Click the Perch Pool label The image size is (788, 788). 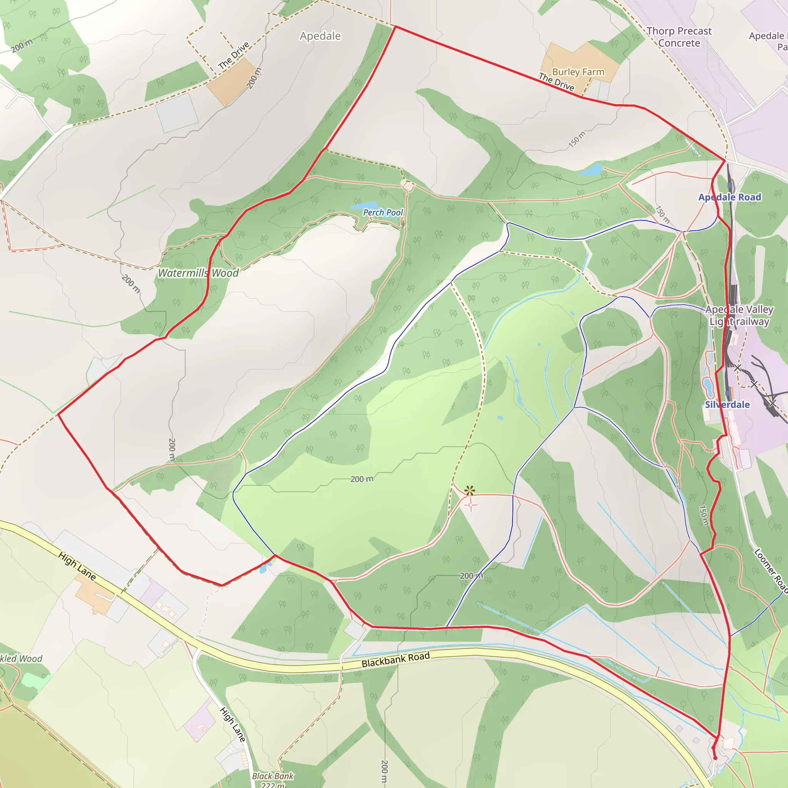pos(382,212)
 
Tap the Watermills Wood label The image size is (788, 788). pos(198,273)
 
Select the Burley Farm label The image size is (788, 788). pos(578,72)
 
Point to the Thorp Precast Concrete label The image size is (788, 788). pos(679,37)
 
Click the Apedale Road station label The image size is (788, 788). pos(730,197)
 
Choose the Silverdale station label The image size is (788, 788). pos(727,405)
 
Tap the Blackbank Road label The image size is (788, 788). pos(396,659)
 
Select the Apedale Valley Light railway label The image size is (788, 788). pos(739,315)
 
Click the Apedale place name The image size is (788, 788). pos(320,36)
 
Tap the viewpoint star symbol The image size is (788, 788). pos(470,490)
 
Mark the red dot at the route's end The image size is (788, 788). pos(715,758)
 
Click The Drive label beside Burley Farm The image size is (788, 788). pos(556,82)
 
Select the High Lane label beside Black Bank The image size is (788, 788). pos(233,725)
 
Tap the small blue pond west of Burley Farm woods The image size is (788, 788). pos(591,170)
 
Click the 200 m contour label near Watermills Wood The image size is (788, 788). pos(131,284)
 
